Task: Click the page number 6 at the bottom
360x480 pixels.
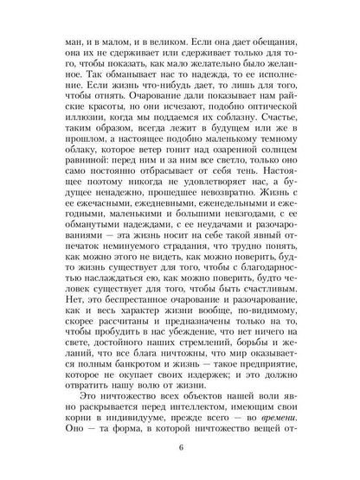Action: click(x=181, y=446)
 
